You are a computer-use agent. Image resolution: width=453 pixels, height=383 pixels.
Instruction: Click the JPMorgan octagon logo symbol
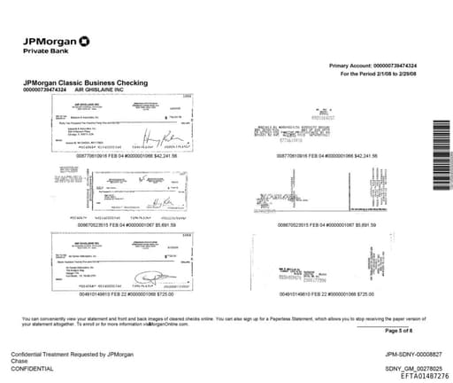coord(83,40)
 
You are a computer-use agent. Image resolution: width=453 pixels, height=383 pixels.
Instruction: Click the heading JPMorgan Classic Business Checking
coord(80,82)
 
